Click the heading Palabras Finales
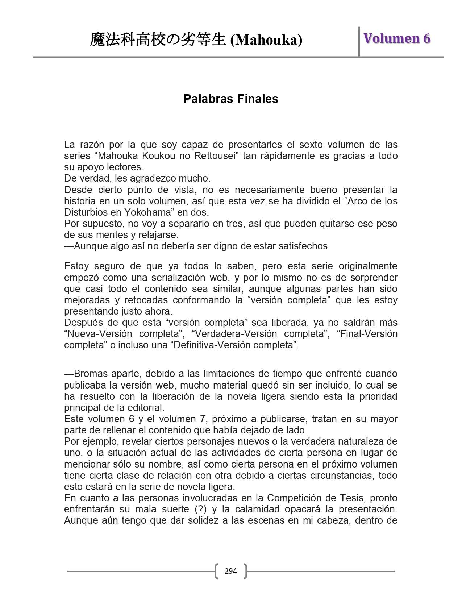231,99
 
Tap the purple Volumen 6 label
397,38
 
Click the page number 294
231,571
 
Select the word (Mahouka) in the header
266,40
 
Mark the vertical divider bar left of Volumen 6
359,41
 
